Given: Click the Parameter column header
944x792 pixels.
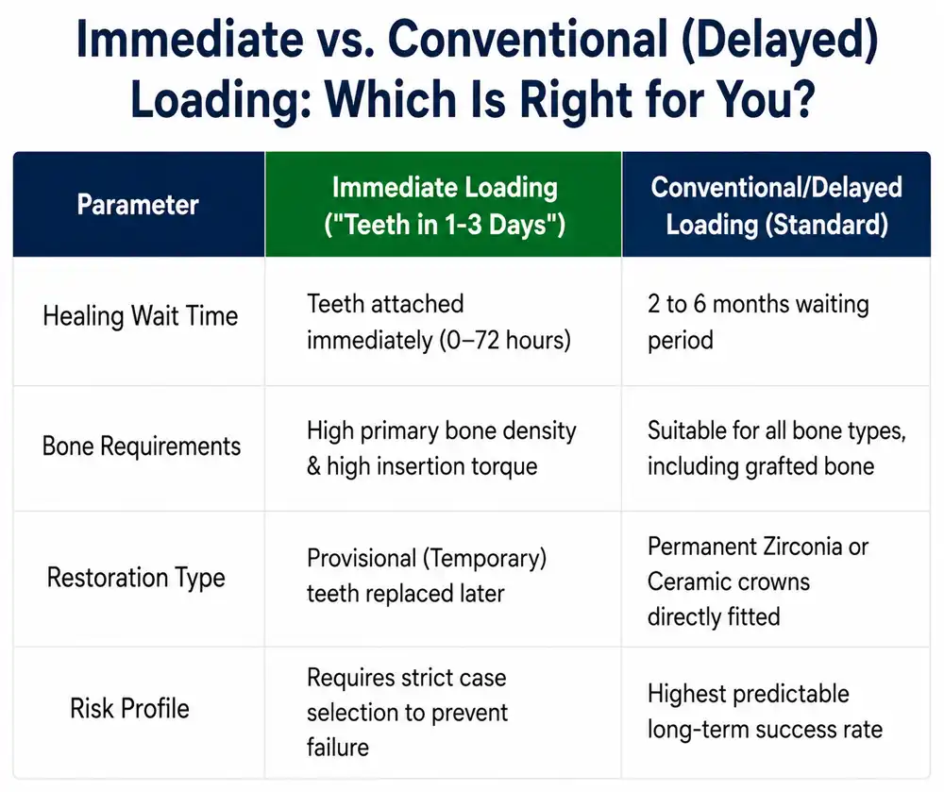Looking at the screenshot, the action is [138, 205].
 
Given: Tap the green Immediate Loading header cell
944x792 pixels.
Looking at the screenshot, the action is [443, 205].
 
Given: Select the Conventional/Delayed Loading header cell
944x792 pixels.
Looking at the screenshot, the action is [777, 205].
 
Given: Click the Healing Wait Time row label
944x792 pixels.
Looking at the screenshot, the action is [141, 316].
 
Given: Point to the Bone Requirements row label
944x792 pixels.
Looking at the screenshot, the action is [142, 446].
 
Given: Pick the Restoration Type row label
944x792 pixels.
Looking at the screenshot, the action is [136, 577].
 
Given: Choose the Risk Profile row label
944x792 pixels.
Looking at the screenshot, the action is [129, 708].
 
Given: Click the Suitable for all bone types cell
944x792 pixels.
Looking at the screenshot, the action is [777, 448].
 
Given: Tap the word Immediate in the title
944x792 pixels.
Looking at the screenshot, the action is [190, 39].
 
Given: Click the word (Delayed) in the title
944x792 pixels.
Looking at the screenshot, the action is [780, 41].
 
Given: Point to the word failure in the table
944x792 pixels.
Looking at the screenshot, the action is [338, 747].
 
